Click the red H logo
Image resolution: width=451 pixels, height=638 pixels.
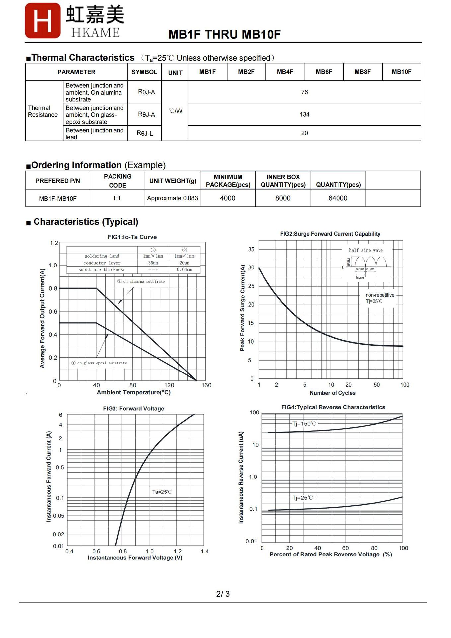[x=42, y=21]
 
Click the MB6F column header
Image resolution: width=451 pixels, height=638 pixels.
[x=324, y=72]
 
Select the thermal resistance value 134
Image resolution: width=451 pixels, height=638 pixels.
[x=304, y=114]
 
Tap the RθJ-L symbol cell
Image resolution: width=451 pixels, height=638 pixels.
[x=145, y=133]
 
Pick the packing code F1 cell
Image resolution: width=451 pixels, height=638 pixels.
[x=117, y=198]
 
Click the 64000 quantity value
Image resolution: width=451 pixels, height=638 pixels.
[x=338, y=198]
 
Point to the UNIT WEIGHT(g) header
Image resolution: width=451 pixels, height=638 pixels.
[x=173, y=181]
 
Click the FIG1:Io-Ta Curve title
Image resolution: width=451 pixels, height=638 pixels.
[x=132, y=237]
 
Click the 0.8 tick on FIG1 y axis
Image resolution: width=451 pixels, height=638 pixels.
[x=53, y=288]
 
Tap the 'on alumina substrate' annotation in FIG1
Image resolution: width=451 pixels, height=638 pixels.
[x=141, y=281]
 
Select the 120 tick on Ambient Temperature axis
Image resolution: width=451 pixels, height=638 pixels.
[x=169, y=385]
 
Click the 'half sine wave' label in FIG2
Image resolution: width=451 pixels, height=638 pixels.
[x=366, y=250]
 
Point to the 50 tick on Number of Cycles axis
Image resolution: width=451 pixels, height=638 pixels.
[x=377, y=385]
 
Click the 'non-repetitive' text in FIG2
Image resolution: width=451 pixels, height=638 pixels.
[x=380, y=295]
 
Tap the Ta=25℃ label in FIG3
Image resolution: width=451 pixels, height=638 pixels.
[x=162, y=492]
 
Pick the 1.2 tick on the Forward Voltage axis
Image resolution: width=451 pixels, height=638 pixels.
[x=178, y=551]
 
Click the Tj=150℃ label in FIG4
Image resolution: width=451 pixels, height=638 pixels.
[x=304, y=424]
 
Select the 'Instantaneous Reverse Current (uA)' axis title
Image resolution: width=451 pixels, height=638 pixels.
[x=241, y=477]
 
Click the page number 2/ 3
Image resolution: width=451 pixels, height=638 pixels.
[x=223, y=594]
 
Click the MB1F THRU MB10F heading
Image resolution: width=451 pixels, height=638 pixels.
[x=224, y=34]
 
